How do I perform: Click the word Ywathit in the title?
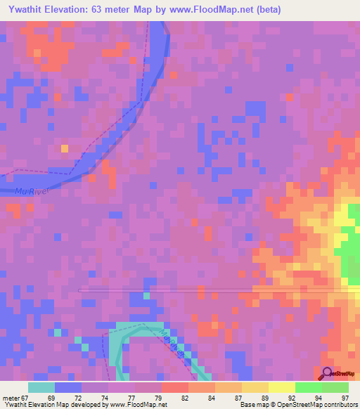pyautogui.click(x=24, y=9)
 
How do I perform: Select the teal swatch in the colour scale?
pyautogui.click(x=41, y=387)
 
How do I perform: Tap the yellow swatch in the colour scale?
pyautogui.click(x=281, y=387)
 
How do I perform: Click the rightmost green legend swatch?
pyautogui.click(x=335, y=387)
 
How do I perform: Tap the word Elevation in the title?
pyautogui.click(x=70, y=9)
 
